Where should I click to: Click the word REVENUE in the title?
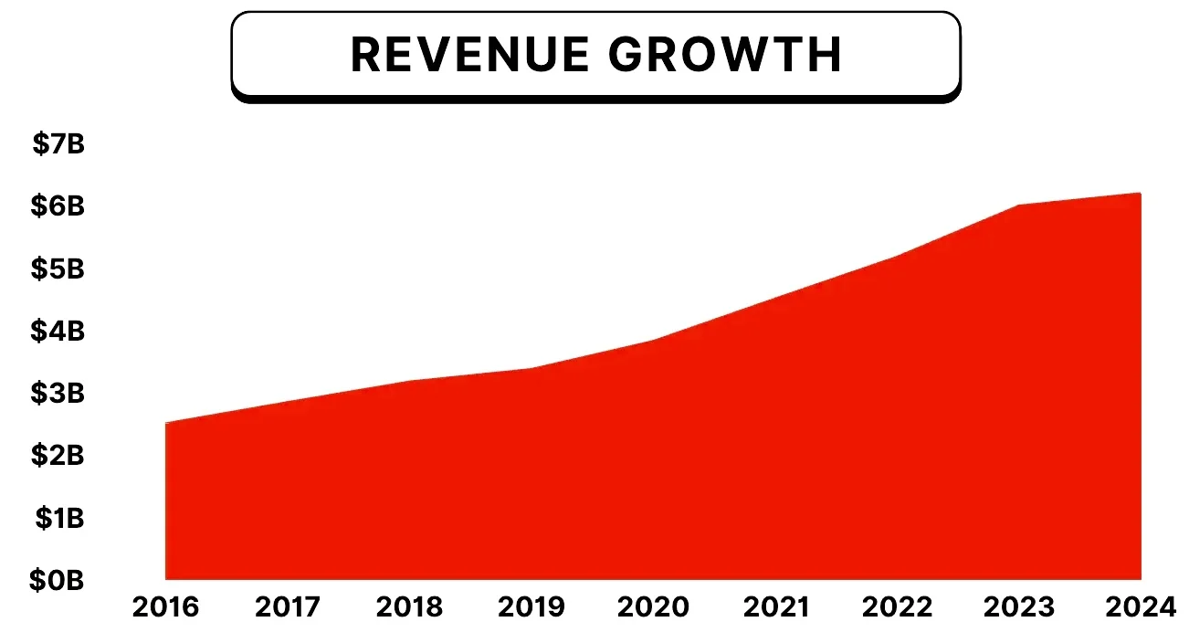pyautogui.click(x=470, y=55)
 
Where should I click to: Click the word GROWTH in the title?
pyautogui.click(x=725, y=55)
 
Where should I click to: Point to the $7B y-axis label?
pyautogui.click(x=58, y=143)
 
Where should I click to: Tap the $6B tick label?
pyautogui.click(x=58, y=206)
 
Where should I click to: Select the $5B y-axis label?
pyautogui.click(x=58, y=269)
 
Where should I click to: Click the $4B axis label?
pyautogui.click(x=58, y=331)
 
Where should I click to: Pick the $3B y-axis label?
pyautogui.click(x=58, y=393)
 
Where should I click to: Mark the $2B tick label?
pyautogui.click(x=58, y=455)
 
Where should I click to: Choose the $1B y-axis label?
pyautogui.click(x=60, y=518)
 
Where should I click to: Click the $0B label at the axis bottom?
pyautogui.click(x=58, y=580)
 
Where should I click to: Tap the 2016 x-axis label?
pyautogui.click(x=166, y=607)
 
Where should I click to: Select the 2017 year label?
pyautogui.click(x=288, y=607)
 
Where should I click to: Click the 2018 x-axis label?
pyautogui.click(x=410, y=607)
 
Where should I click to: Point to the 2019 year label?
pyautogui.click(x=531, y=607)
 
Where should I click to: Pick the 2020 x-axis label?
pyautogui.click(x=654, y=607)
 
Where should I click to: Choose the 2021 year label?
pyautogui.click(x=774, y=607)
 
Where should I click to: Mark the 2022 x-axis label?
pyautogui.click(x=898, y=607)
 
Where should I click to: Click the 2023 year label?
pyautogui.click(x=1019, y=607)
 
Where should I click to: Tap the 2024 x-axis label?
pyautogui.click(x=1140, y=607)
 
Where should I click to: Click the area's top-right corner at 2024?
pyautogui.click(x=1140, y=194)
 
